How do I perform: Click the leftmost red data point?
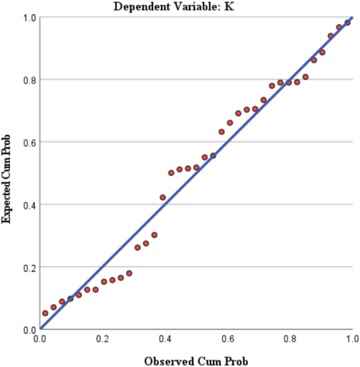[45, 313]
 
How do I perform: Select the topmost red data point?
[347, 23]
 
